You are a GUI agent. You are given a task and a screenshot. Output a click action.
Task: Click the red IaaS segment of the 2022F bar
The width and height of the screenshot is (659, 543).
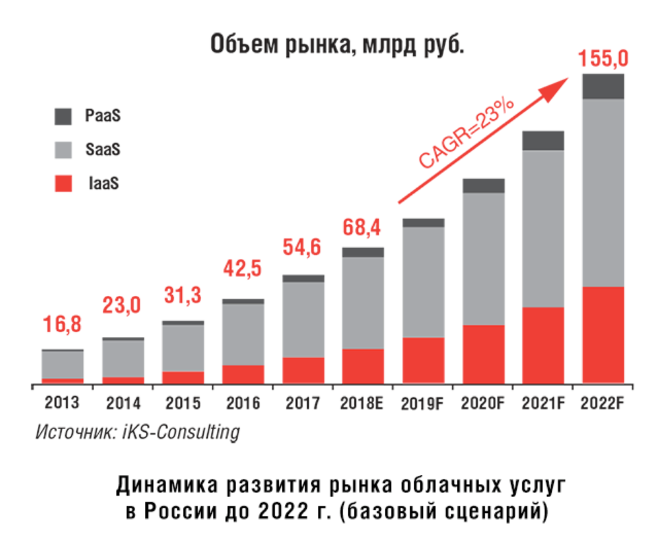click(x=603, y=334)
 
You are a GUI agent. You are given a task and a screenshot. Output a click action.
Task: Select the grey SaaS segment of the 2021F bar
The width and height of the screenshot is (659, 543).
click(x=543, y=228)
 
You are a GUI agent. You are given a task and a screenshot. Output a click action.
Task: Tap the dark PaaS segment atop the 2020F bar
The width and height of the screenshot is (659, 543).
click(x=483, y=185)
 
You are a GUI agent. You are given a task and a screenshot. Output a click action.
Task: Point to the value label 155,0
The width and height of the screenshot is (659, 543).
click(x=603, y=59)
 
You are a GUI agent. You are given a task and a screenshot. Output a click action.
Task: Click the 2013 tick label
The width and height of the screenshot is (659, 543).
click(x=62, y=403)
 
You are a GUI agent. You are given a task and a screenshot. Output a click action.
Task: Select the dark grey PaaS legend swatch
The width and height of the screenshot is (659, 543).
click(x=63, y=116)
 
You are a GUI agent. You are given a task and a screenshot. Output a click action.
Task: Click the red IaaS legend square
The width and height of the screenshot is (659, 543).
click(x=63, y=183)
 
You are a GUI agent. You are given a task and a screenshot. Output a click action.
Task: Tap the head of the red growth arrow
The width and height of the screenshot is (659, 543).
click(x=559, y=84)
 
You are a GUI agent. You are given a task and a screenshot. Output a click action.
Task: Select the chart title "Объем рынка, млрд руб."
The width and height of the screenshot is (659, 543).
click(x=329, y=45)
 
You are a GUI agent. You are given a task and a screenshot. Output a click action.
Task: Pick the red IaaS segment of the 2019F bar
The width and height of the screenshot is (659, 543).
click(x=424, y=360)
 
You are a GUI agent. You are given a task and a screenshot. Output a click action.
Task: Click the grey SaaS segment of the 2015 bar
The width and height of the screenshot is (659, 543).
click(x=183, y=348)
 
